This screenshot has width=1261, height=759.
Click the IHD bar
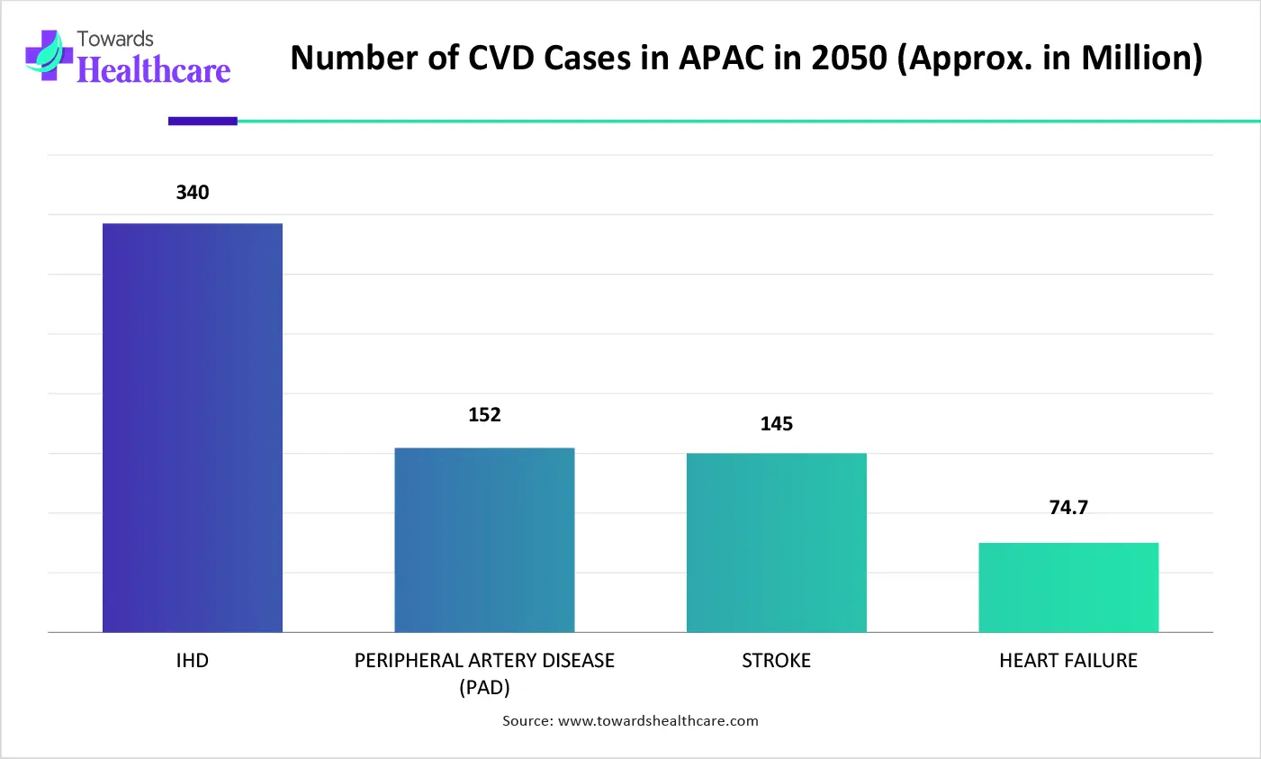click(x=192, y=428)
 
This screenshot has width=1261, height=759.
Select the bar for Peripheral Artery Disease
click(x=484, y=540)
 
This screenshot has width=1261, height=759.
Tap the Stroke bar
click(x=776, y=543)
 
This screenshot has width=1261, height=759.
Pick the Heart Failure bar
click(x=1067, y=587)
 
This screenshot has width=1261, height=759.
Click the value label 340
click(x=192, y=193)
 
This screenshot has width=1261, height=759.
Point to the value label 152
click(x=484, y=415)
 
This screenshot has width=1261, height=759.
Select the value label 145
click(x=776, y=424)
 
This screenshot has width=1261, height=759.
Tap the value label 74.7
click(x=1068, y=508)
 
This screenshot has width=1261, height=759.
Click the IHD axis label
click(x=192, y=661)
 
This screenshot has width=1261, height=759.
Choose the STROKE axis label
click(x=776, y=661)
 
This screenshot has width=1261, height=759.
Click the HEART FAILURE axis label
click(x=1067, y=661)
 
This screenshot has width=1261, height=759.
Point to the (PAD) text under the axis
click(x=484, y=688)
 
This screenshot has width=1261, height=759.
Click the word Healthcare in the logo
click(x=154, y=70)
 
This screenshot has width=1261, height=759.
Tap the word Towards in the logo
click(x=115, y=39)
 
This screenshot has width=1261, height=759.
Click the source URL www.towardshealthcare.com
click(x=658, y=721)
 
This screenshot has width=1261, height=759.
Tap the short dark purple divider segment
click(x=203, y=121)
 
